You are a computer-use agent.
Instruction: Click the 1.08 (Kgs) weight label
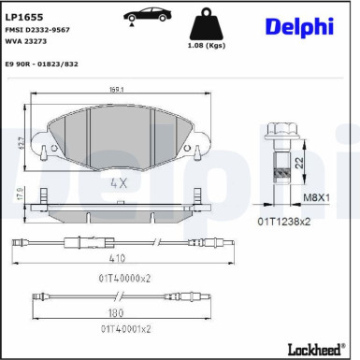coord(207,45)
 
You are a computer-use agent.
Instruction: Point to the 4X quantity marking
coord(119,183)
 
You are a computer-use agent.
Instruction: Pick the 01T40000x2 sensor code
coord(122,279)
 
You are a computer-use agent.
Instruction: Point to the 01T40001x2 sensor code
coord(122,330)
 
